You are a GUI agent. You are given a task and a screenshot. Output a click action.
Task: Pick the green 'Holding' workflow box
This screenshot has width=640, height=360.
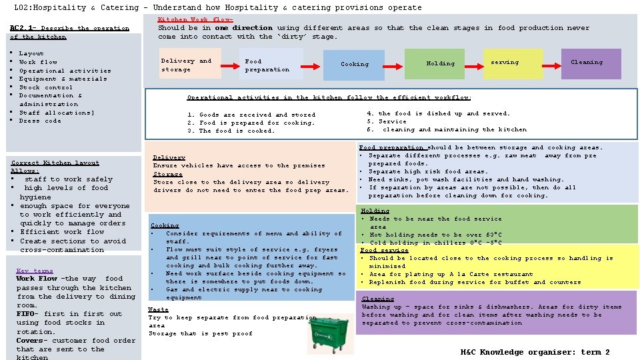[x=440, y=63]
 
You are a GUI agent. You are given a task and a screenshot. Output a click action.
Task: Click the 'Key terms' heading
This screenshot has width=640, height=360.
[x=34, y=271]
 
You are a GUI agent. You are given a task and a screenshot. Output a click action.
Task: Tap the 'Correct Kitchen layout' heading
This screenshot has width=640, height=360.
[x=55, y=163]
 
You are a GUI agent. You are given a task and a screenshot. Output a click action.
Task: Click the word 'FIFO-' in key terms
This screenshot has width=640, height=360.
[x=28, y=314]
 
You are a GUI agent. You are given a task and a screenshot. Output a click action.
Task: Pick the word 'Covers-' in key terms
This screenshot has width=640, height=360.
[x=31, y=341]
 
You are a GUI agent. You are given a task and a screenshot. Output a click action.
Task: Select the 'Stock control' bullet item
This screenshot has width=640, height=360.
[x=45, y=87]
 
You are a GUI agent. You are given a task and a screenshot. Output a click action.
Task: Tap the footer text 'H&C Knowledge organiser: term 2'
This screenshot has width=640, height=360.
[x=535, y=352]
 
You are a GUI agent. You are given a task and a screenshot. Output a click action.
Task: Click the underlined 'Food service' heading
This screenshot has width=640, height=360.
[x=384, y=250]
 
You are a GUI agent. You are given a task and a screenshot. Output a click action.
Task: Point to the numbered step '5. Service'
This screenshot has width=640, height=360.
[x=386, y=121]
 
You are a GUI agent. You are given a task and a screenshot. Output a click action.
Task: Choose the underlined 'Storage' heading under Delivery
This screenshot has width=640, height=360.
[x=167, y=174]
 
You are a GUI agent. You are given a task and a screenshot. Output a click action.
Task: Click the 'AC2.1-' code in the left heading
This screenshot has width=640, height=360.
[x=25, y=28]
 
